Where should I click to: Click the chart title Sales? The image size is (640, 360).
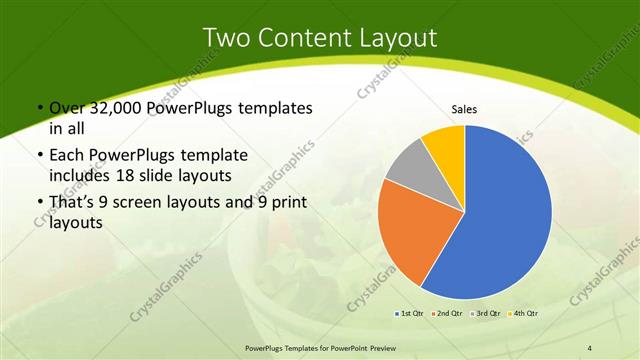click(x=465, y=108)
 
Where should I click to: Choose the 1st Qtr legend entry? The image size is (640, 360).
click(x=410, y=313)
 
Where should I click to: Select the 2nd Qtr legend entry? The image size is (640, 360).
click(x=445, y=313)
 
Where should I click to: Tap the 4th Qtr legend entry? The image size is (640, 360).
click(x=524, y=313)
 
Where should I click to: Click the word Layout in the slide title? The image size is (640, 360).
click(x=397, y=38)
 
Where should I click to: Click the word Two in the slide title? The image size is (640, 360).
click(x=227, y=38)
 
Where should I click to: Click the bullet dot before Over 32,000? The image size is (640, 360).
click(x=38, y=108)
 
